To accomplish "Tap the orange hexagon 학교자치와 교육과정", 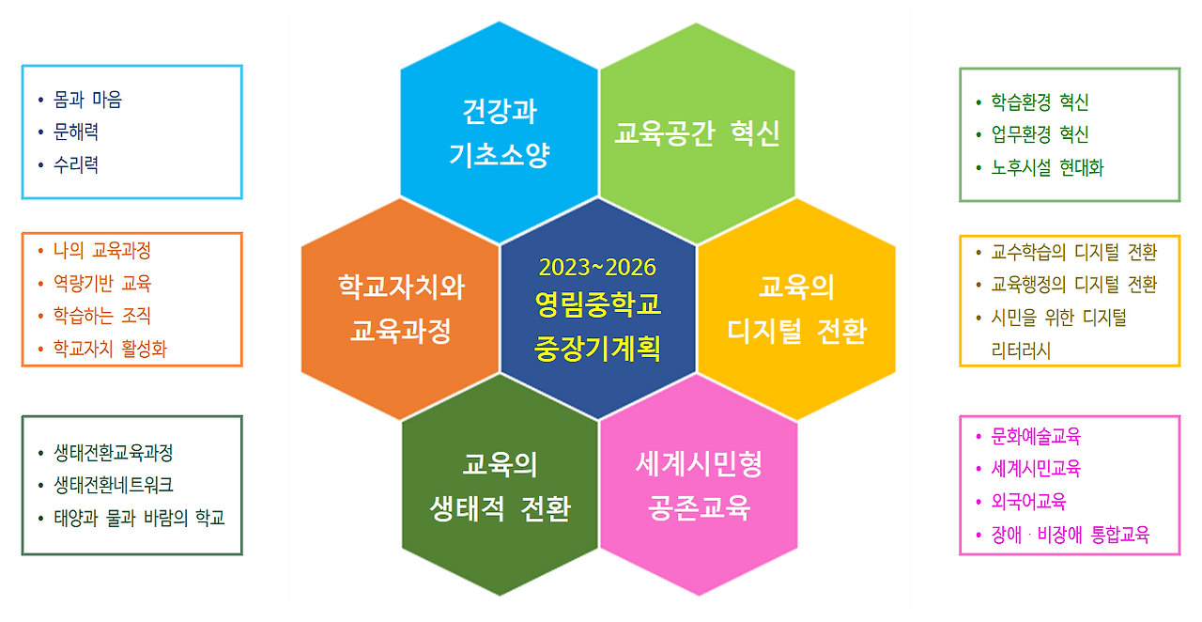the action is point(401,308).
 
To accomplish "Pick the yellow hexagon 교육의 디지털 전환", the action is point(796,308).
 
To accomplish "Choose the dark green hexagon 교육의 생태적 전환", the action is point(500,487).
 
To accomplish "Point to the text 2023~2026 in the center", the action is point(597,267).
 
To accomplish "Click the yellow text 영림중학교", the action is point(597,304).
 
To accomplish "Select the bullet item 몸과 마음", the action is point(88,100).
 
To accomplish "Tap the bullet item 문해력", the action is point(76,132).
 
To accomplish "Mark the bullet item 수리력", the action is point(76,165).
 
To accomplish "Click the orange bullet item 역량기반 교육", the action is point(102,283).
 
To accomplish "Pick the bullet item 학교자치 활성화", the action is point(110,350).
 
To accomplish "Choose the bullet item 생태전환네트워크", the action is point(114,485).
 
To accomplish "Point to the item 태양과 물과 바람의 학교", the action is point(139,518).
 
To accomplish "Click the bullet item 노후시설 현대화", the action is point(1047,168).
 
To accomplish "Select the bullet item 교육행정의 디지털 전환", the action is point(1074,284).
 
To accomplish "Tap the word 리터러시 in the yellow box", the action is point(1021,350).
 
